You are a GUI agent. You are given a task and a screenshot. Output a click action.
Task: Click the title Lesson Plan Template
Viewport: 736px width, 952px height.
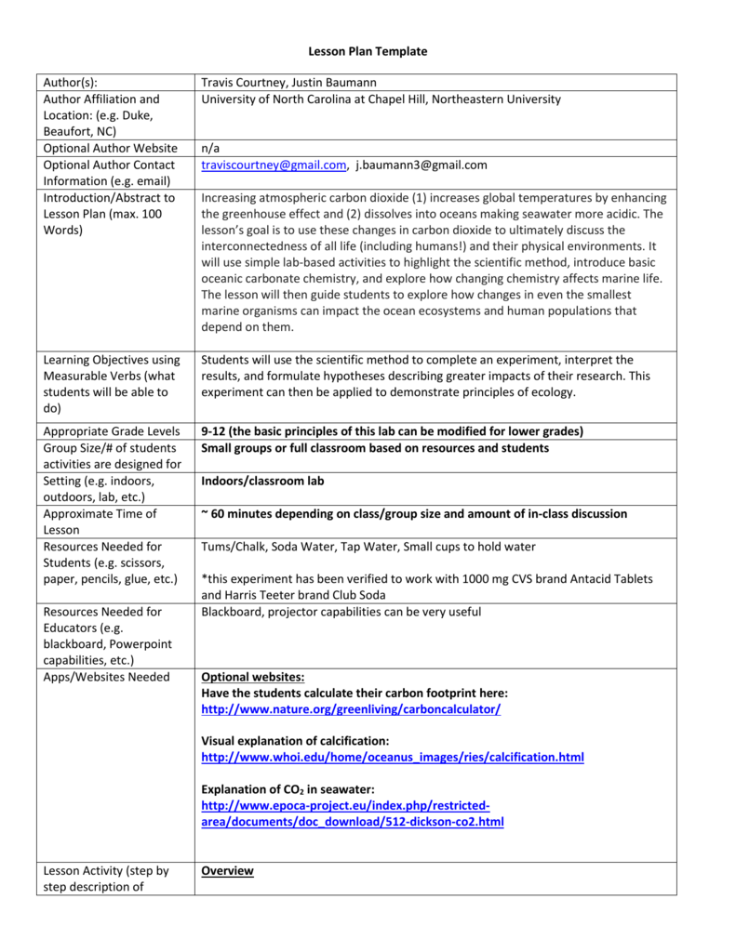368,51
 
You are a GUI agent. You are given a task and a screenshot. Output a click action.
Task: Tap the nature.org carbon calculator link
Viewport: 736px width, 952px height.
351,709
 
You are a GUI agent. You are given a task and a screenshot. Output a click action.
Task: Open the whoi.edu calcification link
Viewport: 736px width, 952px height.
393,758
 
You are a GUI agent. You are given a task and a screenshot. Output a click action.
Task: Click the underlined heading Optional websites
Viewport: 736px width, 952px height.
253,677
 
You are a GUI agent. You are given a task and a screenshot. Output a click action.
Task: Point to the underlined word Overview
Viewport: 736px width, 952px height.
227,871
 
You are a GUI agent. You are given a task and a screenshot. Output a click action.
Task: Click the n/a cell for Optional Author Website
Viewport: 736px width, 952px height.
210,148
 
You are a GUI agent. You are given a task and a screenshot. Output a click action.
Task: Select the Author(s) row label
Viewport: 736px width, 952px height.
71,82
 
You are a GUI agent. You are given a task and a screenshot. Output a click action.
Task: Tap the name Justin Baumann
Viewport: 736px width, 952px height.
338,82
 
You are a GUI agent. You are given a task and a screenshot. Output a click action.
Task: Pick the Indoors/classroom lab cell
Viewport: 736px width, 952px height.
262,481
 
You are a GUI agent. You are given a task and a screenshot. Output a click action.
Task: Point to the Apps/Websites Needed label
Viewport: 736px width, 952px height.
106,677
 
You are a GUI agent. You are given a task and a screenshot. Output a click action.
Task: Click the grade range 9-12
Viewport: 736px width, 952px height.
216,431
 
